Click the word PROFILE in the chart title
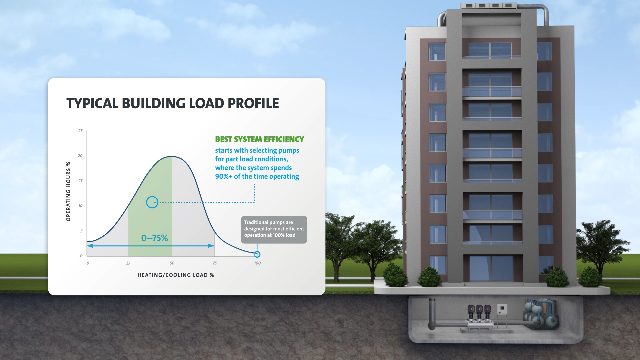pos(253,104)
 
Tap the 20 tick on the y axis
pos(80,156)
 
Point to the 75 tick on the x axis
pos(215,263)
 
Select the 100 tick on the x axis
pos(257,263)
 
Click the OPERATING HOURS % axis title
pos(68,191)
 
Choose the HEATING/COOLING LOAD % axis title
pos(176,275)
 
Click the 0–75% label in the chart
pos(154,238)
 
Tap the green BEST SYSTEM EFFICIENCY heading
pos(259,139)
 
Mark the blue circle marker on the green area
pos(152,202)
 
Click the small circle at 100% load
pos(257,254)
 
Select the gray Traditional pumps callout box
pos(274,229)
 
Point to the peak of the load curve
pos(171,157)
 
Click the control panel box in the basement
pos(502,310)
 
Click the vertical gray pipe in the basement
pos(432,312)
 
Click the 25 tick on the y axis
pos(80,131)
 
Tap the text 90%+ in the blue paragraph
pos(224,177)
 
